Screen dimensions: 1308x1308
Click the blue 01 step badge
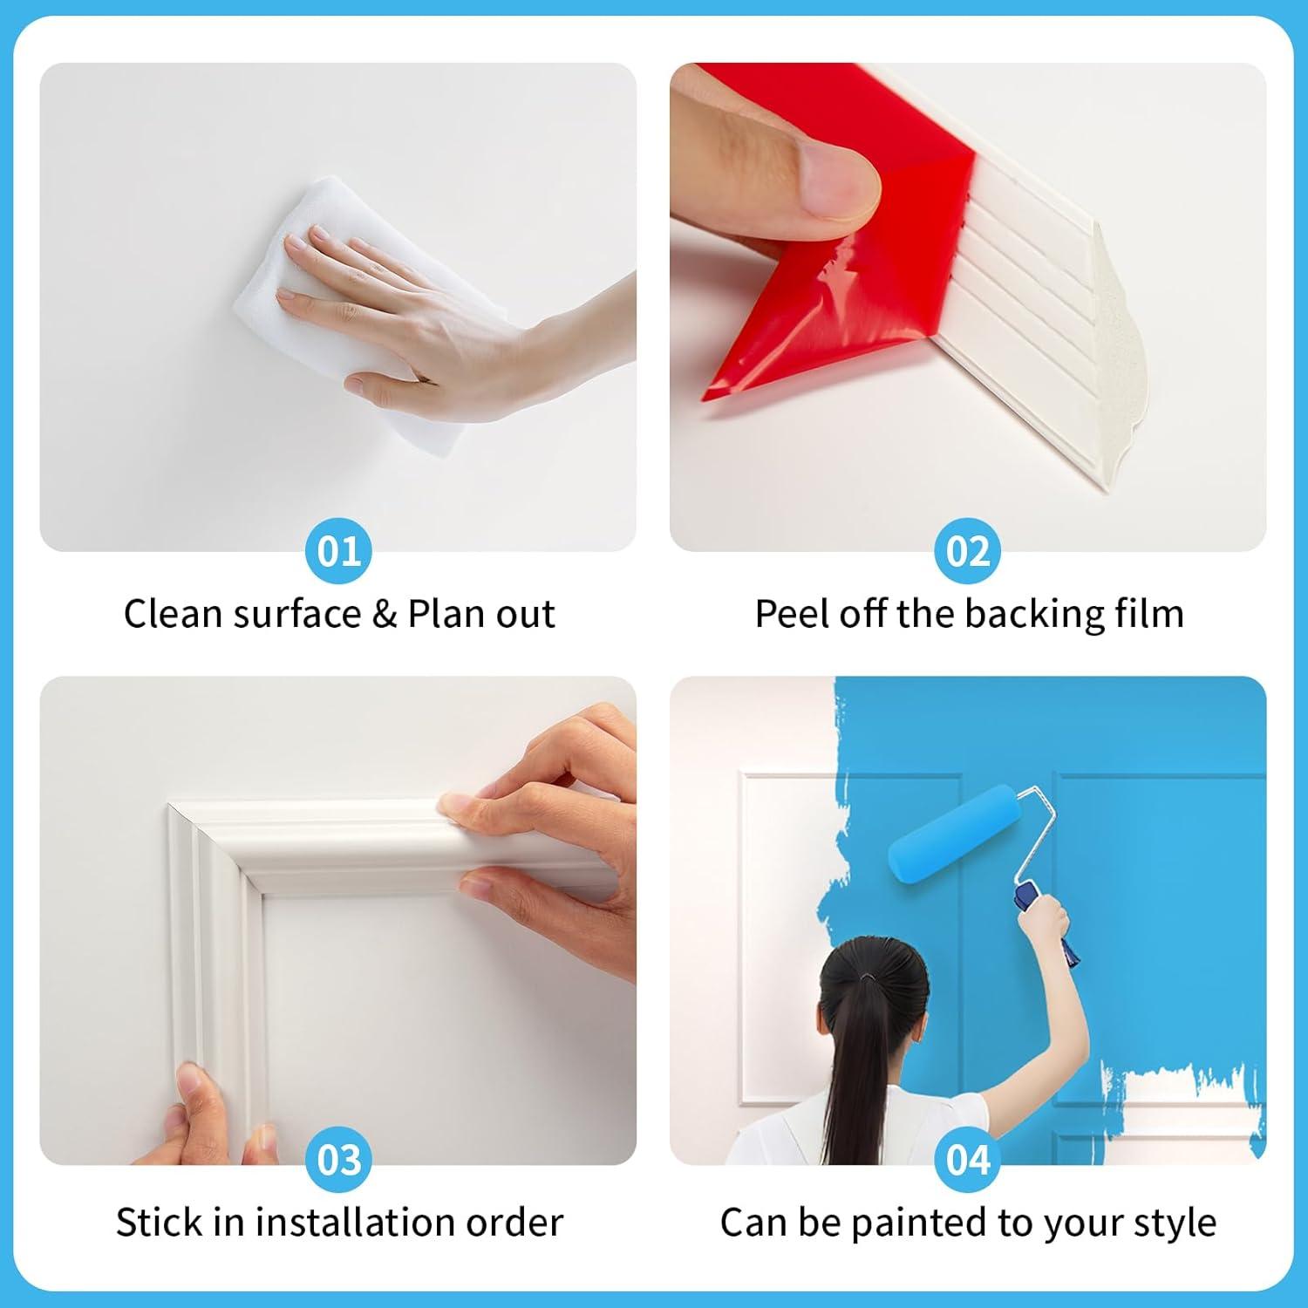(338, 551)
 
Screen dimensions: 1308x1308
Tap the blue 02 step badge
(968, 551)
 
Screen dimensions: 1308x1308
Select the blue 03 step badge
(338, 1160)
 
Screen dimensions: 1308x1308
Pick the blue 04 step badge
(968, 1160)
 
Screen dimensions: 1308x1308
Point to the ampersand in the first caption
(385, 614)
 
